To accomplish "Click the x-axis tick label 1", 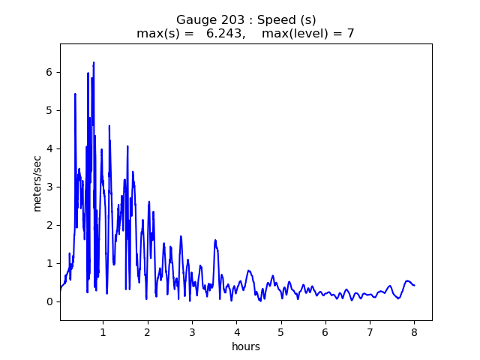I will tap(103, 331).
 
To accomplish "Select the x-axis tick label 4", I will tap(236, 331).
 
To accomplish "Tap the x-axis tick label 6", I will tap(325, 331).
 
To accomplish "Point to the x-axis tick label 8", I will tap(414, 331).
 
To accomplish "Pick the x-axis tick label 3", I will tap(192, 331).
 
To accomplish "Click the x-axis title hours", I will tap(246, 346).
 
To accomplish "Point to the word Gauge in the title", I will tap(193, 20).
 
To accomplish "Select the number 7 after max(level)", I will tap(350, 34).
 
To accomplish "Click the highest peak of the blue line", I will tap(94, 63).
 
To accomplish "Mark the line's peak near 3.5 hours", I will tap(215, 240).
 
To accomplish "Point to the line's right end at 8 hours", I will tap(414, 285).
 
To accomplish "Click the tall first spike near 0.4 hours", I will tap(75, 94).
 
